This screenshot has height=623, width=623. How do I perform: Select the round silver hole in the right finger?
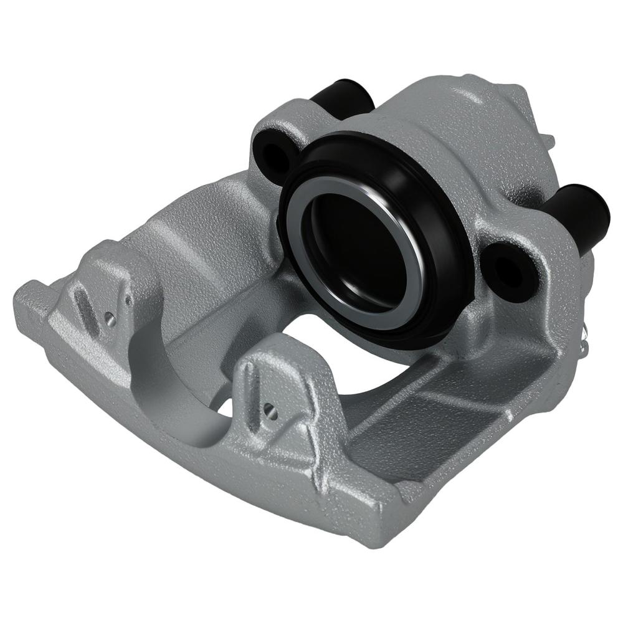pyautogui.click(x=269, y=409)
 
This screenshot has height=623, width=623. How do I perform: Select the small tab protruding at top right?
pyautogui.click(x=549, y=140)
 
